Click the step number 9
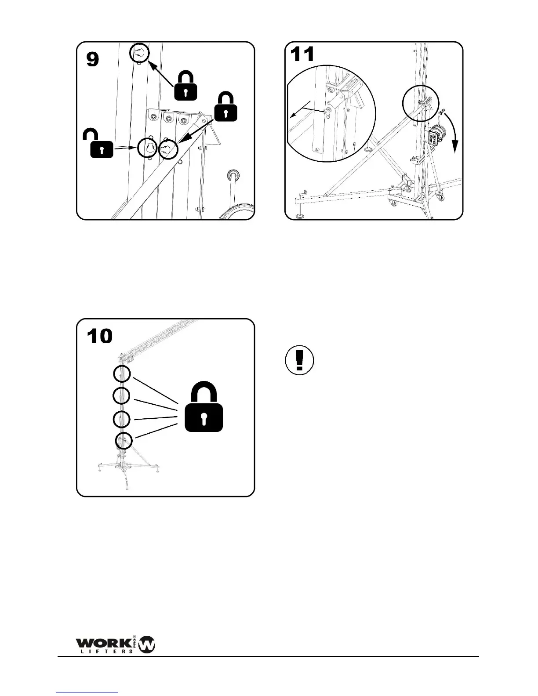pyautogui.click(x=93, y=59)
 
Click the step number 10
pyautogui.click(x=100, y=336)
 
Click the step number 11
pyautogui.click(x=302, y=55)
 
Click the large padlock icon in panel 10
pyautogui.click(x=204, y=408)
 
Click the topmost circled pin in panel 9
pyautogui.click(x=139, y=53)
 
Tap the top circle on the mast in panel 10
pyautogui.click(x=122, y=374)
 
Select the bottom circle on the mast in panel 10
pyautogui.click(x=124, y=441)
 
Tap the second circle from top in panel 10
pyautogui.click(x=121, y=396)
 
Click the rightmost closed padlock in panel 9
pyautogui.click(x=225, y=108)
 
